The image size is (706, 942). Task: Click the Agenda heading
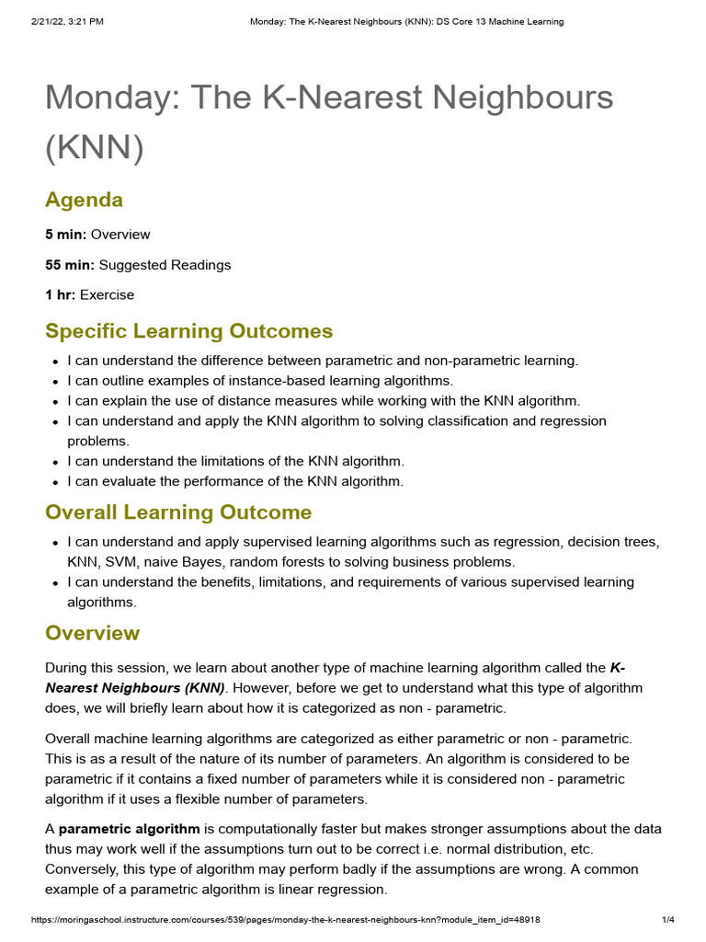click(84, 200)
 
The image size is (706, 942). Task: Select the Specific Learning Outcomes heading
click(188, 331)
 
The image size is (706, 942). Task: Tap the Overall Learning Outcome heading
click(178, 511)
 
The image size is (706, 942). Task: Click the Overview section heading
click(92, 633)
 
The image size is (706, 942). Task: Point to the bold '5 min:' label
click(66, 235)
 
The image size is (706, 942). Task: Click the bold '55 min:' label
click(70, 265)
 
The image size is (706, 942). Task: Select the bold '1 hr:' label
click(61, 295)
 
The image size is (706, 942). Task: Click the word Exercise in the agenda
click(107, 295)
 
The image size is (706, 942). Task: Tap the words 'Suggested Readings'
click(165, 265)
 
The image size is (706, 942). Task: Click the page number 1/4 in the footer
click(668, 919)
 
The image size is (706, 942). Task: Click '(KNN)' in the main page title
click(94, 146)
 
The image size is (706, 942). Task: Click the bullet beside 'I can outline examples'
click(56, 381)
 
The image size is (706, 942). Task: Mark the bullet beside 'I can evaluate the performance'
click(56, 481)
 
